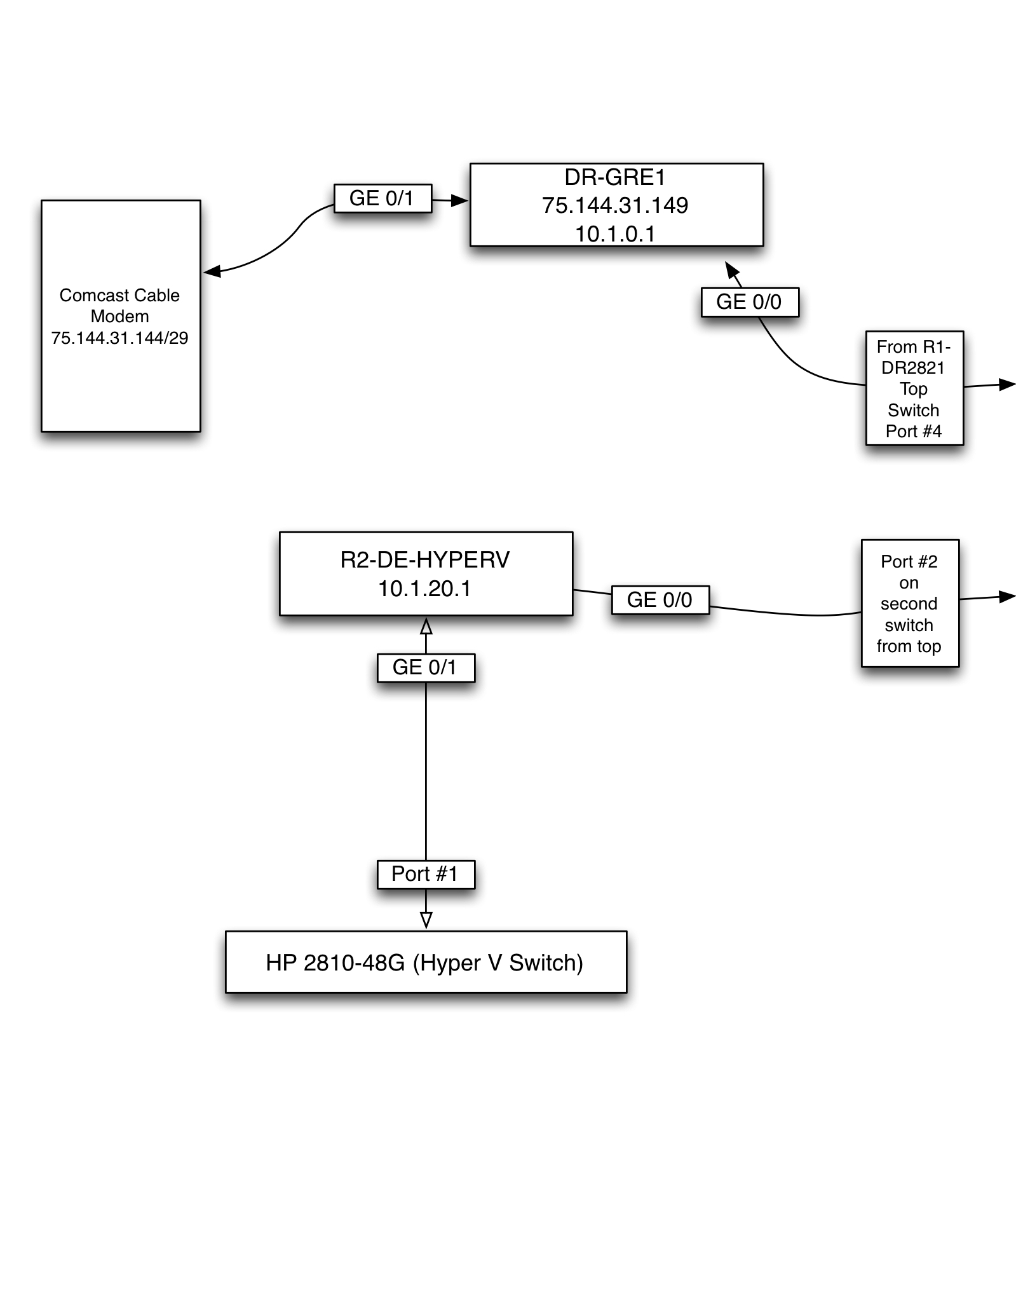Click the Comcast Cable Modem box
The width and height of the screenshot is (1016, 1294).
[121, 381]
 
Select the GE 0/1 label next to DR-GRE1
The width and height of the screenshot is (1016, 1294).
[382, 198]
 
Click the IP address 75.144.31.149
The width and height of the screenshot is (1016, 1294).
[614, 205]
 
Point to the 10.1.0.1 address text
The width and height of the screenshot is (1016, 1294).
[614, 234]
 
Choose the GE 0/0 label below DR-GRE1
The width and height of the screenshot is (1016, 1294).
[749, 302]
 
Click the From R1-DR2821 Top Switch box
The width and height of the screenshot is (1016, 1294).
[914, 388]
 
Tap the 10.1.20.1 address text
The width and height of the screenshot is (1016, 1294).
[424, 589]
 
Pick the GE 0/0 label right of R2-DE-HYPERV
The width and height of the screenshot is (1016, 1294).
[660, 600]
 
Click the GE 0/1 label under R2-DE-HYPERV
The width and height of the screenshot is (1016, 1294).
[425, 667]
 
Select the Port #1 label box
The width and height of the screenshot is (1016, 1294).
[425, 874]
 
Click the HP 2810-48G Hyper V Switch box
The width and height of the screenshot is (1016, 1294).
[425, 962]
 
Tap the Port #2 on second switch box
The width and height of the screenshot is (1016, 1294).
[909, 603]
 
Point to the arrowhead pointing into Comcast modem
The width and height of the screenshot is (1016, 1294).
[212, 271]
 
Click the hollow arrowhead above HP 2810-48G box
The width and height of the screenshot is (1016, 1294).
[426, 920]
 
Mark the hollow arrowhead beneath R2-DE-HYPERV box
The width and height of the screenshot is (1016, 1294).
[426, 626]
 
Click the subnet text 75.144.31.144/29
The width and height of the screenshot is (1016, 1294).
[119, 338]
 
